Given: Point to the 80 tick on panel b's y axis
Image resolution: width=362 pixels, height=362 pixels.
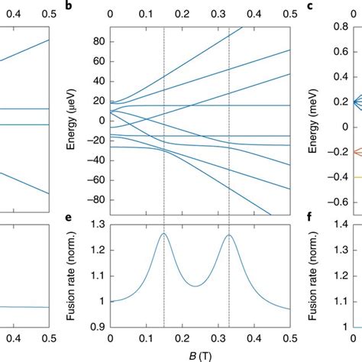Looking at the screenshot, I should tap(97, 41).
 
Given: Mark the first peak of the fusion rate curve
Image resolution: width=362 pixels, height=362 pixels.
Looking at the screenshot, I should tap(163, 234).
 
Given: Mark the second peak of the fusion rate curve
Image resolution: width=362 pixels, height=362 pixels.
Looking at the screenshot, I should tap(229, 234).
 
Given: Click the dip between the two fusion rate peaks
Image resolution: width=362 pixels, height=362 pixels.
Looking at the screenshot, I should tap(196, 286).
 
